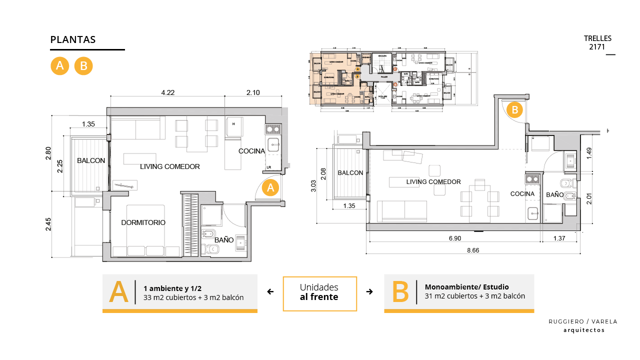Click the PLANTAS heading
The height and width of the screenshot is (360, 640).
73,40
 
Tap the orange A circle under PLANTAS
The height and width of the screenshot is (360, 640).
59,66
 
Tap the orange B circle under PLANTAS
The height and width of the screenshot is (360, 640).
83,66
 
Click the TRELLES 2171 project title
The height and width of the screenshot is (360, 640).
597,42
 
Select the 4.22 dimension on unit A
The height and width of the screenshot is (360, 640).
168,92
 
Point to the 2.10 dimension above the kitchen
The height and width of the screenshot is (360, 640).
254,92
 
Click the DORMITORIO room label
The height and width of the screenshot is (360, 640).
143,222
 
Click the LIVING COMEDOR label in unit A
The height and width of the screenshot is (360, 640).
170,166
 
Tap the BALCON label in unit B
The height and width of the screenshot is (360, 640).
350,172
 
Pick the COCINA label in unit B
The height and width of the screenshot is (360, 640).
522,194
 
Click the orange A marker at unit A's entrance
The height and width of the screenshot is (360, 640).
270,188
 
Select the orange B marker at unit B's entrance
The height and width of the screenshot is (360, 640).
515,109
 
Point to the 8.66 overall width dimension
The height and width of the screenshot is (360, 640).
472,250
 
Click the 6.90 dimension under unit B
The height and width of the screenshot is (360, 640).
454,238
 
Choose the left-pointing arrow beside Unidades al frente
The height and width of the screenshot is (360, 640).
270,292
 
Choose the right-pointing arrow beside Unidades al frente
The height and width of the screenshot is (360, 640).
369,292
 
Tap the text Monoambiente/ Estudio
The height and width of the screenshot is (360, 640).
466,287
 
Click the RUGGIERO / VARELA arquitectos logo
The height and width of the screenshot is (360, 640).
583,325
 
